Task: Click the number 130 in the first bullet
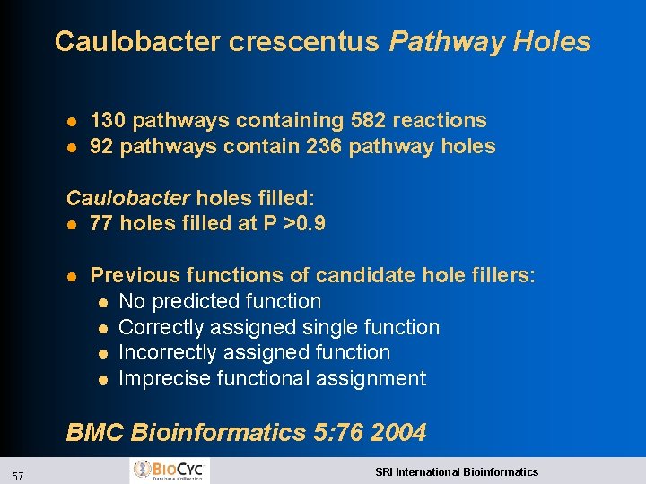click(109, 120)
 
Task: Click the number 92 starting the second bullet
click(101, 146)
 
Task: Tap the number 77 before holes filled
click(101, 223)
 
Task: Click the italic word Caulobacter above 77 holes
click(128, 197)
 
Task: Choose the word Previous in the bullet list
click(132, 275)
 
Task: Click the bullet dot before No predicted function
click(104, 302)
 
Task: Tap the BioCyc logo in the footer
click(170, 470)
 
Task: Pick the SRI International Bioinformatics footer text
click(457, 471)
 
